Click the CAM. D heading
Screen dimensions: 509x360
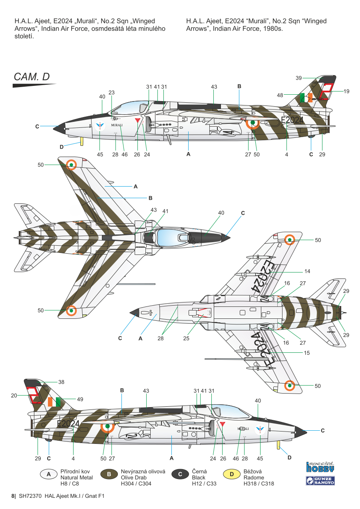(32, 77)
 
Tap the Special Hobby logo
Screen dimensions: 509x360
(320, 467)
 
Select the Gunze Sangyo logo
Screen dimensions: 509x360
(320, 481)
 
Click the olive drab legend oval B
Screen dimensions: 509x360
(109, 474)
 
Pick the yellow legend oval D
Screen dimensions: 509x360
(231, 474)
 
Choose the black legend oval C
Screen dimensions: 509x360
(180, 474)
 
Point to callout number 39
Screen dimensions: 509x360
(299, 78)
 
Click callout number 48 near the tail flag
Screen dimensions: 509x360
(280, 95)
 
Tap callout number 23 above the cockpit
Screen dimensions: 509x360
(111, 92)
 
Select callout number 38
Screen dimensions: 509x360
(61, 382)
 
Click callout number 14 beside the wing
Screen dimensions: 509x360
(307, 271)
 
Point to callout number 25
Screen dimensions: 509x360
(186, 338)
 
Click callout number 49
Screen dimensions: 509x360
(80, 399)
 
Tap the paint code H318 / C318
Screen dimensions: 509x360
(259, 483)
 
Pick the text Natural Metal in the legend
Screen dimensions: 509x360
(76, 477)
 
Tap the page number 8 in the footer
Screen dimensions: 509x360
(13, 496)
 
